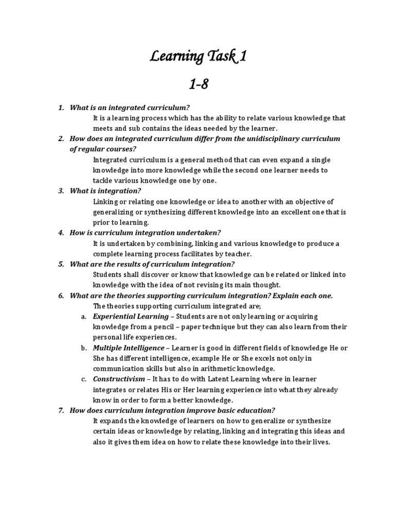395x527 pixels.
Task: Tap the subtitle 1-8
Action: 198,84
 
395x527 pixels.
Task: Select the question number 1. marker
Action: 61,108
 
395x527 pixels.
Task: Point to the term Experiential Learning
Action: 131,317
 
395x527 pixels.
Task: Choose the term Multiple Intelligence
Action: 129,348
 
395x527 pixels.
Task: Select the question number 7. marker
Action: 61,411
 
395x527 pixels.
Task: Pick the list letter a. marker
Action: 83,317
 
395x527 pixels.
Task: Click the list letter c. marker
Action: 83,379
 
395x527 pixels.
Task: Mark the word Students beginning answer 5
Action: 108,275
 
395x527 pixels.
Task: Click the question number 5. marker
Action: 61,264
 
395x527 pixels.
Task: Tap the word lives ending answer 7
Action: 319,442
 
